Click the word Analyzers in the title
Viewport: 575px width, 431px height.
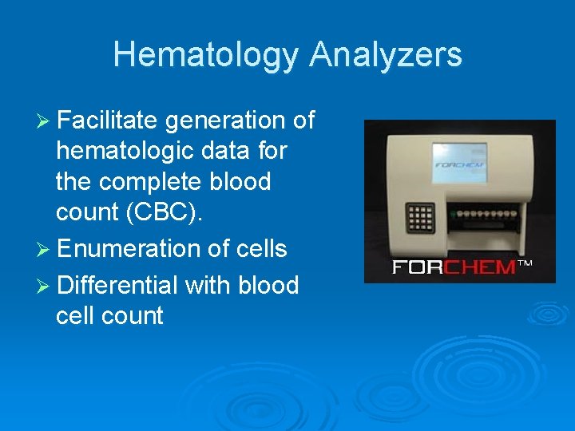click(x=386, y=55)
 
